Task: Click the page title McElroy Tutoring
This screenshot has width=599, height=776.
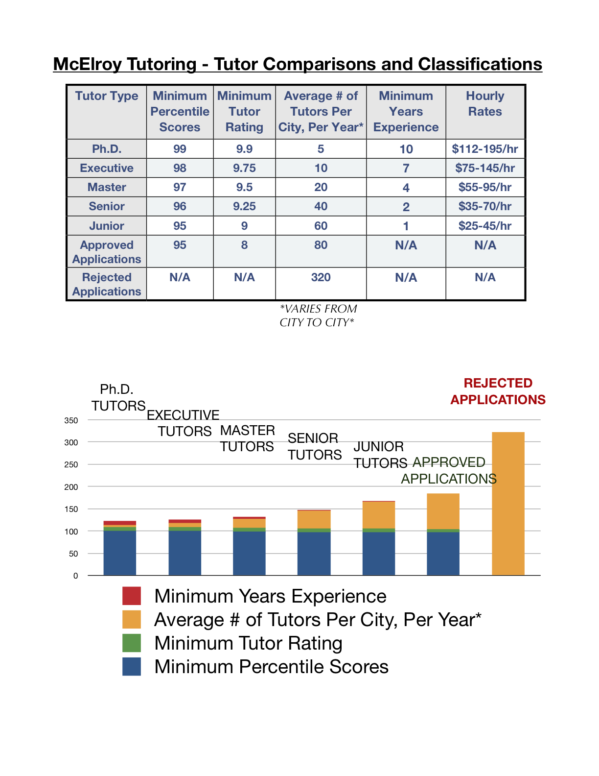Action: [298, 64]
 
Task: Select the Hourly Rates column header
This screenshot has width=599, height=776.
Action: [485, 104]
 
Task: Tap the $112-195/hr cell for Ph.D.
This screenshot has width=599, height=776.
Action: [485, 149]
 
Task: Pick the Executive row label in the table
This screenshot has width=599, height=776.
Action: [107, 168]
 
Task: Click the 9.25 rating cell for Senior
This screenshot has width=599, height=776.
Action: [244, 206]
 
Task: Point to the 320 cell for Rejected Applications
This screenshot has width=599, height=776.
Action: [321, 277]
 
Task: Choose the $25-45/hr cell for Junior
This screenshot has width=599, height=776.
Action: [485, 226]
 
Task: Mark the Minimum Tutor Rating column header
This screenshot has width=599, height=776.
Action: [244, 112]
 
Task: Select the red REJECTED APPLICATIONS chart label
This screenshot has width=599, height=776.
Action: [498, 391]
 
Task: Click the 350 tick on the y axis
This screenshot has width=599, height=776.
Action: [71, 420]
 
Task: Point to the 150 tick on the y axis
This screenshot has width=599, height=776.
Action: [71, 509]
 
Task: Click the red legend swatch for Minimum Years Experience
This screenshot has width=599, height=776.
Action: [132, 596]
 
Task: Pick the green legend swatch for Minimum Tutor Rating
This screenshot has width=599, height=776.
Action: [132, 643]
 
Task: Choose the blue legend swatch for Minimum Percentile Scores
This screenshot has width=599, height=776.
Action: [132, 666]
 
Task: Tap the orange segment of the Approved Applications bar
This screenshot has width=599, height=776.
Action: [443, 511]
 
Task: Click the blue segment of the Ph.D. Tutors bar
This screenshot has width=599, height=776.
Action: [120, 553]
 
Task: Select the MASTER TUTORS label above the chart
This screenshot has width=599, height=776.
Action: [247, 438]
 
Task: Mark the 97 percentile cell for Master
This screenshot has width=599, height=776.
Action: [180, 187]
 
